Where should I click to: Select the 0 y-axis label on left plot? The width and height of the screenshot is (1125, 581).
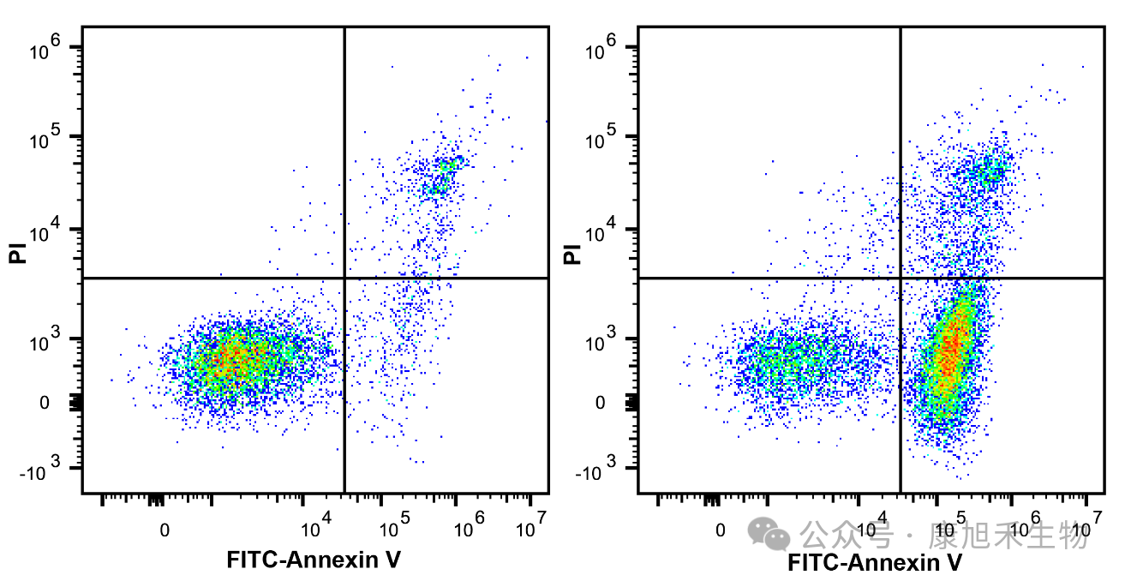coord(45,403)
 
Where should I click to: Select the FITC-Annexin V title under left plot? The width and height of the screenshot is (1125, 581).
coord(314,560)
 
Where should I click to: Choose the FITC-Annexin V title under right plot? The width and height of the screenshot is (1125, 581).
coord(875,563)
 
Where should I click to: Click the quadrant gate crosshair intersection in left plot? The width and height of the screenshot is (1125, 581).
coord(344,278)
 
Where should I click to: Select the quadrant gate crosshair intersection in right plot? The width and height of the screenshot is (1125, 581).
coord(901,278)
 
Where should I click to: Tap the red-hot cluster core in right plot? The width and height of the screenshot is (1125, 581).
coord(949,347)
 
